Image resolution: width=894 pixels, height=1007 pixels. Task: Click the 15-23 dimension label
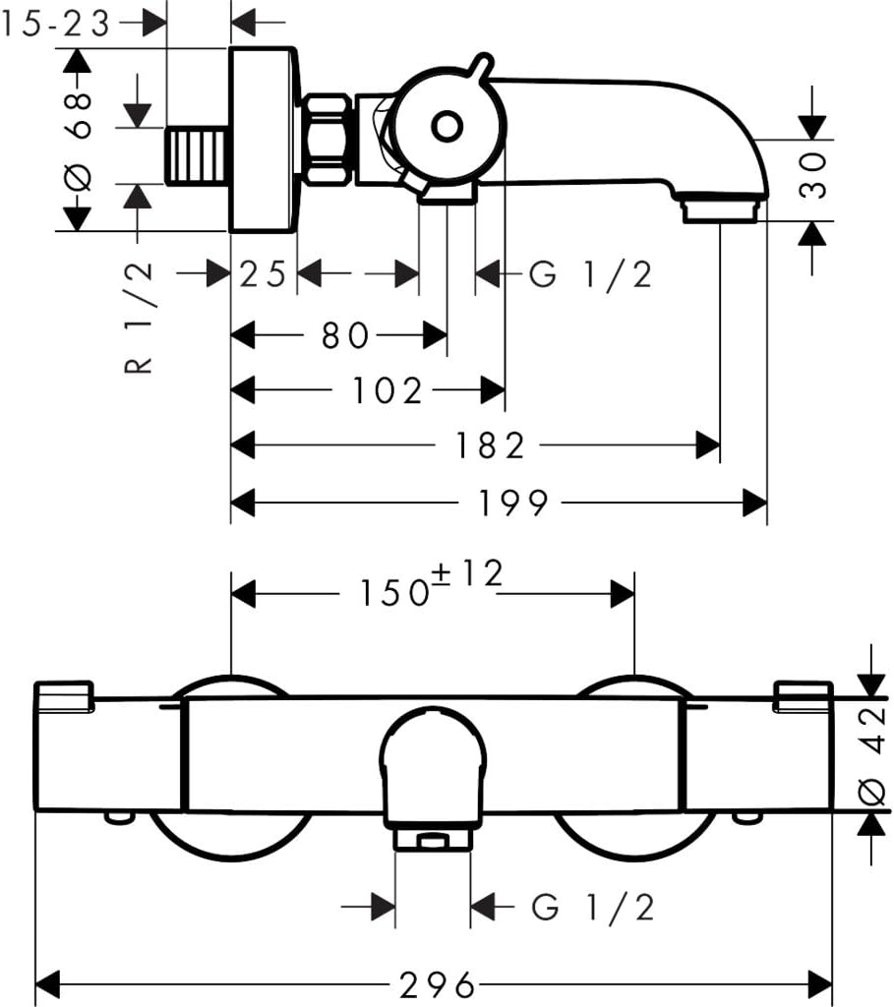tap(55, 25)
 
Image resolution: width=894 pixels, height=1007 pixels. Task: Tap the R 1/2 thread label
tap(139, 317)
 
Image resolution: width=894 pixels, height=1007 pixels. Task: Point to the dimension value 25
tap(263, 274)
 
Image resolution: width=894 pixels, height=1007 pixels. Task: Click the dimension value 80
tap(346, 335)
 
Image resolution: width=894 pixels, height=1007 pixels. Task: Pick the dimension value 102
tap(388, 390)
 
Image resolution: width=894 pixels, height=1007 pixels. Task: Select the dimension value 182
tap(490, 445)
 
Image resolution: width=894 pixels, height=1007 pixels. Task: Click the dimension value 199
tap(513, 503)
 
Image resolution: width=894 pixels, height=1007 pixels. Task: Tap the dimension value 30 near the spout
tap(813, 175)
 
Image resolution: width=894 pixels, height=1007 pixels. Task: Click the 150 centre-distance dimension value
tap(393, 593)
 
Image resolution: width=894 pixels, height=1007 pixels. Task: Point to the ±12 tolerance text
tap(467, 573)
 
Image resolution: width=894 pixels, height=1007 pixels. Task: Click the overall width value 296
tap(438, 984)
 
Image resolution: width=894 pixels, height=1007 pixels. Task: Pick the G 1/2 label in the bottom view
tap(593, 908)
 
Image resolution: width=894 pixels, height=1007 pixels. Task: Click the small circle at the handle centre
tap(447, 127)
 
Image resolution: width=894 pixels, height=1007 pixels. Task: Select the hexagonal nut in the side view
tap(327, 140)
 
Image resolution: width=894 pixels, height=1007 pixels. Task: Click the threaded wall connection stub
tap(199, 155)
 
